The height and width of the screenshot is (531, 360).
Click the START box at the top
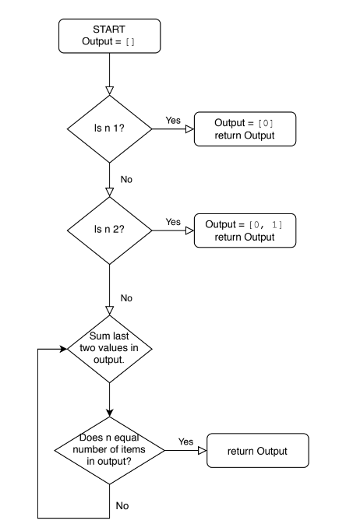110,36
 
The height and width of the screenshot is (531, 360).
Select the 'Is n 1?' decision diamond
110,128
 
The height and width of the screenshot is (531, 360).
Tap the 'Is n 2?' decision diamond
110,230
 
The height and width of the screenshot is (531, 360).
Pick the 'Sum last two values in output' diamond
110,349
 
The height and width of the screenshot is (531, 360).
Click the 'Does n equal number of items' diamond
110,450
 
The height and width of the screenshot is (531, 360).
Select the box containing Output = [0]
245,129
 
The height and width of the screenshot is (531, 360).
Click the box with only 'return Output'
258,450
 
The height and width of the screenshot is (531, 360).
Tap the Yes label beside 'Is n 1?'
173,120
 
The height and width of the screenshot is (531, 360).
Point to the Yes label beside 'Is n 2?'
173,222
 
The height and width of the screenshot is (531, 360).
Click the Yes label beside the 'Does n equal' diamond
185,441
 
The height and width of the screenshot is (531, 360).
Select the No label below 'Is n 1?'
126,180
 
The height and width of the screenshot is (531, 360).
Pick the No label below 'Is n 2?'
126,298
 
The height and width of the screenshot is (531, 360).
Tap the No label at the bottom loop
122,505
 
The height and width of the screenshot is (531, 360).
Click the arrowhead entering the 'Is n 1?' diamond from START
110,91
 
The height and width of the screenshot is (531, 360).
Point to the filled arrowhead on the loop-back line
63,349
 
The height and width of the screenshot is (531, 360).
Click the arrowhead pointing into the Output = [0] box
190,129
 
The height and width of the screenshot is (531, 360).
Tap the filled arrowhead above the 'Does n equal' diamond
110,413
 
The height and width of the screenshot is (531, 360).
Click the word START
109,30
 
